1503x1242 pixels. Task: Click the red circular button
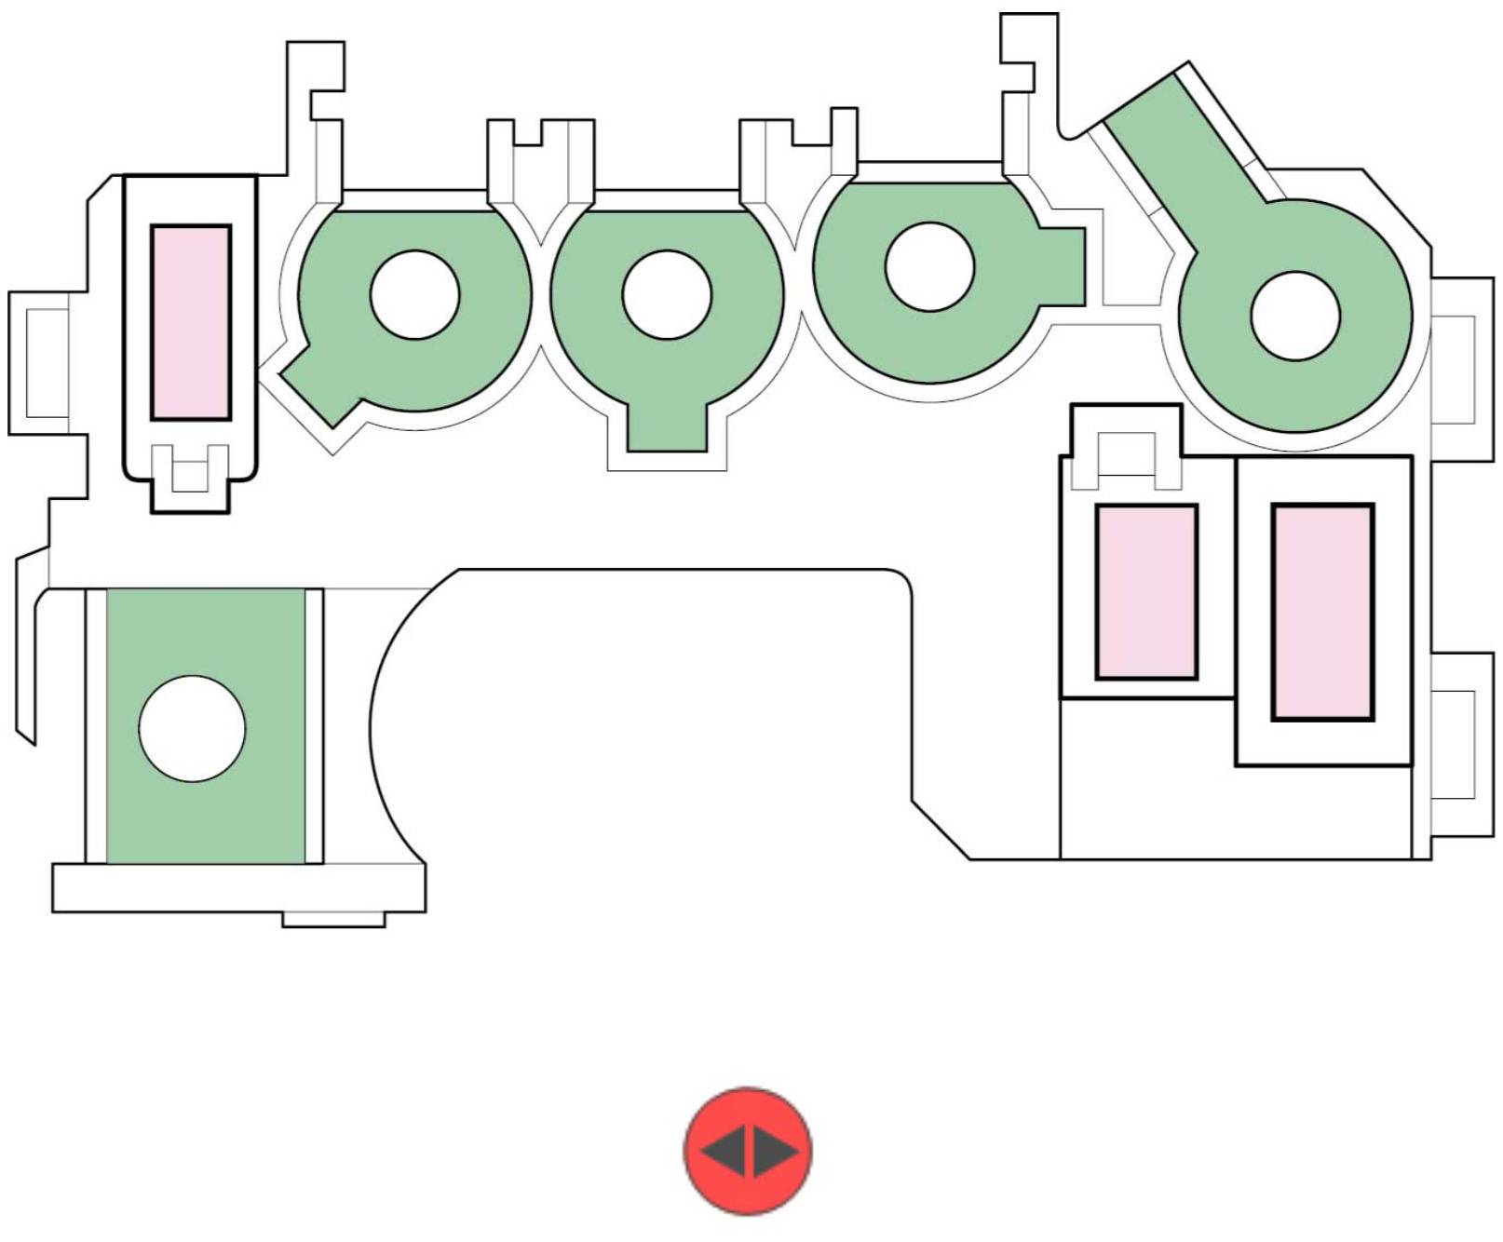(x=748, y=1151)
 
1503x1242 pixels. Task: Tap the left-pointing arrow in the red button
(x=724, y=1151)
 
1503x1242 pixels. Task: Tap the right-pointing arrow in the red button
(x=775, y=1151)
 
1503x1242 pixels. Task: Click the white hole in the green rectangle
(x=192, y=728)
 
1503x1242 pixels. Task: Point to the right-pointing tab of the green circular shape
(x=1063, y=266)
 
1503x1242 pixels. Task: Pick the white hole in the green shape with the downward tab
(x=667, y=295)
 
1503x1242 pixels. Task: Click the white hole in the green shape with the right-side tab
(x=929, y=267)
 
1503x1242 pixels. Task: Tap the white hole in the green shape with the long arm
(x=1295, y=316)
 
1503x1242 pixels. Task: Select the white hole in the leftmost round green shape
(x=414, y=295)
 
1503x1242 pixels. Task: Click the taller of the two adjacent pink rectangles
(x=1322, y=612)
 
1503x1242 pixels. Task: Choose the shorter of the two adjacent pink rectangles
(x=1146, y=591)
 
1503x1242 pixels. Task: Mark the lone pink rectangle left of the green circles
(x=191, y=322)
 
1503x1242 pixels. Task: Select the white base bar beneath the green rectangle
(x=238, y=887)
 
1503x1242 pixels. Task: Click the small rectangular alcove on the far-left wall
(x=47, y=362)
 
